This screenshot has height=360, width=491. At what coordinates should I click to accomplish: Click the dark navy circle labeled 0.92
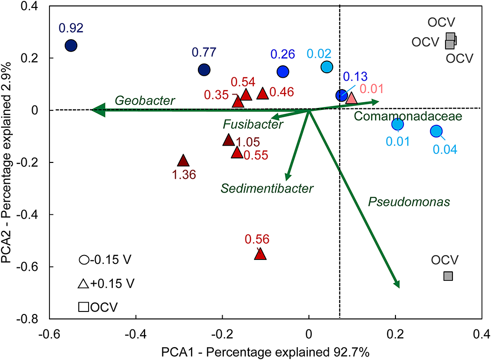(71, 46)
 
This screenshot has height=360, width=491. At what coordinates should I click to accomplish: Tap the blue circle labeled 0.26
(283, 72)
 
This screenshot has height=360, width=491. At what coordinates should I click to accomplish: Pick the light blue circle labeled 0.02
(326, 67)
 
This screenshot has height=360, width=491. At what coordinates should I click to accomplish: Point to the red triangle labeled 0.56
(260, 255)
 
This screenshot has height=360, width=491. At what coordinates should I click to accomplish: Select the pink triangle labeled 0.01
(351, 98)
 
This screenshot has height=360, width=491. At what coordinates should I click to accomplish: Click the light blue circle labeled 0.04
(436, 131)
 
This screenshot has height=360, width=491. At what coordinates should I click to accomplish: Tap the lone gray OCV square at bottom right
(448, 276)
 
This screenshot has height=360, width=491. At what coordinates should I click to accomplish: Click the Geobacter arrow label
(145, 101)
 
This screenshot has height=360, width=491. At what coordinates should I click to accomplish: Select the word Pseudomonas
(409, 202)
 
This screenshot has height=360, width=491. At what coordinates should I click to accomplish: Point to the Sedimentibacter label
(267, 188)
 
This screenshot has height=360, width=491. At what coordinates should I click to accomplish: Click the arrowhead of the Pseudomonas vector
(396, 283)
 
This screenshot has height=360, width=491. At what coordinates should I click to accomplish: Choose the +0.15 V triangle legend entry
(106, 284)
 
